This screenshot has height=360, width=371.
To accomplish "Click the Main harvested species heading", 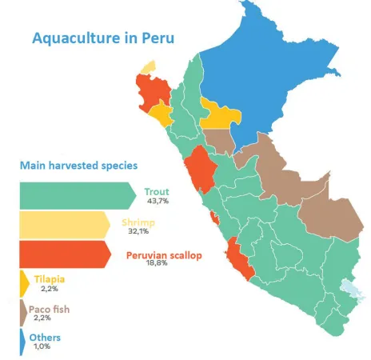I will (78, 165).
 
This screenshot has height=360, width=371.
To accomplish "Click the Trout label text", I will (158, 191).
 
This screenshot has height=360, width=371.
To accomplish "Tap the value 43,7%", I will (158, 202).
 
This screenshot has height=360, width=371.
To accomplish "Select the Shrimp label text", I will (138, 221).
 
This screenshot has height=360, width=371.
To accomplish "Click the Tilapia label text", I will (49, 279).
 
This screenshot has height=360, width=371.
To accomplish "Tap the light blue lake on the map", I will (349, 288).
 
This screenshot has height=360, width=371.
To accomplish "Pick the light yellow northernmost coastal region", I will (148, 68).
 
